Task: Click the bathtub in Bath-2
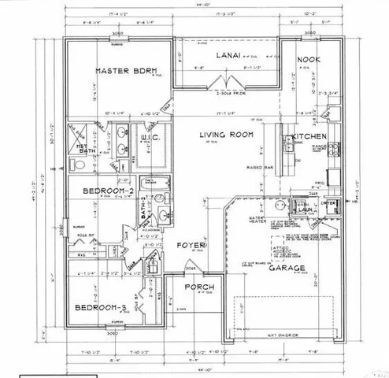click(x=144, y=211)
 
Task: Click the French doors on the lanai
click(x=227, y=83)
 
